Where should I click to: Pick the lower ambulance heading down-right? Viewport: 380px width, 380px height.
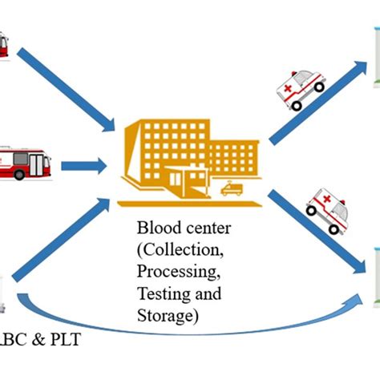[330, 210]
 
